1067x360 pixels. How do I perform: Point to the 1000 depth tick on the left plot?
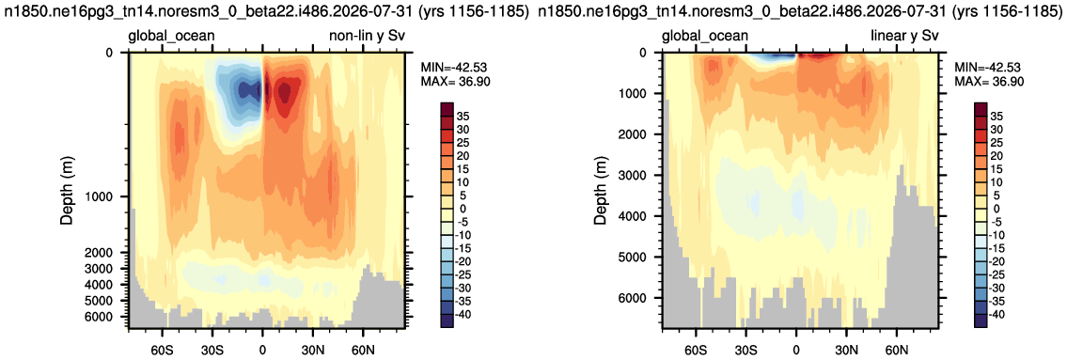pos(107,196)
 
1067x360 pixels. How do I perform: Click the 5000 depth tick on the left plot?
pos(107,300)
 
